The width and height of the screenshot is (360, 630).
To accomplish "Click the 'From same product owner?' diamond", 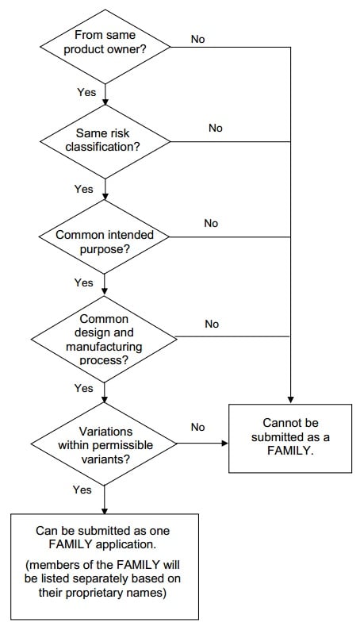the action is tap(105, 47).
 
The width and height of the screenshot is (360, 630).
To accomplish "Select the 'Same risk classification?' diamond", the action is tap(105, 141).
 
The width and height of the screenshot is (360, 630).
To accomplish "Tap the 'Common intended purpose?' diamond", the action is tap(105, 237).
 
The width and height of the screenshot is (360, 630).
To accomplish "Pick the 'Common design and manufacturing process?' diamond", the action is tap(105, 339).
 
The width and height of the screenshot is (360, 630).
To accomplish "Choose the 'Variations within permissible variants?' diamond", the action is tap(105, 444).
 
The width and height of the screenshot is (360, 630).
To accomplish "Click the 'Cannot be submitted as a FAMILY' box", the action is tap(290, 438).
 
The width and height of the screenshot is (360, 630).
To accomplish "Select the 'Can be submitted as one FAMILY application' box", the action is tap(105, 567).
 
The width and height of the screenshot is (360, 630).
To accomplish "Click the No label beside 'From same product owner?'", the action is tap(198, 39).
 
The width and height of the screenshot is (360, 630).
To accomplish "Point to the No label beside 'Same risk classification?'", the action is tap(215, 128).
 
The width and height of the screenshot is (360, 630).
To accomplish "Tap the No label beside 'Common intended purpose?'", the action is tap(211, 223).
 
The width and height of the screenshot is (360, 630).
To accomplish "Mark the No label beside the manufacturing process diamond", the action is tap(212, 324).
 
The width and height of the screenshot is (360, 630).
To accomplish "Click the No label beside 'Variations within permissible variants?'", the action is tap(198, 427).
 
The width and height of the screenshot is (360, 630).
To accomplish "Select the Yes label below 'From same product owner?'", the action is tap(86, 92).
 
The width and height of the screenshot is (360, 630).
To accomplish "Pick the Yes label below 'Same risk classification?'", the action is tap(83, 189).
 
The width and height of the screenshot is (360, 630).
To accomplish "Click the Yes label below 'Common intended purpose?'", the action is tap(83, 282).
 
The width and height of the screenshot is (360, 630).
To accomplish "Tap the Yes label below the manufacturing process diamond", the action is tap(83, 388).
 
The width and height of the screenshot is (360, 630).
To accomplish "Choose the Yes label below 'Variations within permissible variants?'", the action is tap(82, 490).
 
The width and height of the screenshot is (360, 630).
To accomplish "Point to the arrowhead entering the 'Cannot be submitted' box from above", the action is tap(290, 401).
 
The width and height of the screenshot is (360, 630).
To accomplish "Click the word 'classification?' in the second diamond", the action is tap(103, 147).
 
